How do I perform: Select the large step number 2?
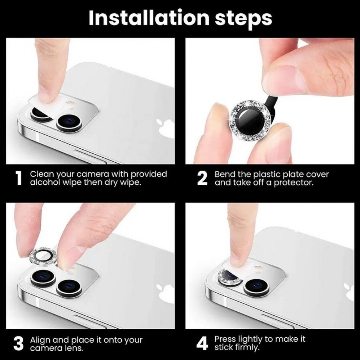(202, 179)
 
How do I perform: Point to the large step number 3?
(19, 344)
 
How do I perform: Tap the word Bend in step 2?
(224, 174)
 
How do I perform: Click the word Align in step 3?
(39, 340)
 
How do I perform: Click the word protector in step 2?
(294, 182)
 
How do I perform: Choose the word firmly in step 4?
(248, 348)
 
